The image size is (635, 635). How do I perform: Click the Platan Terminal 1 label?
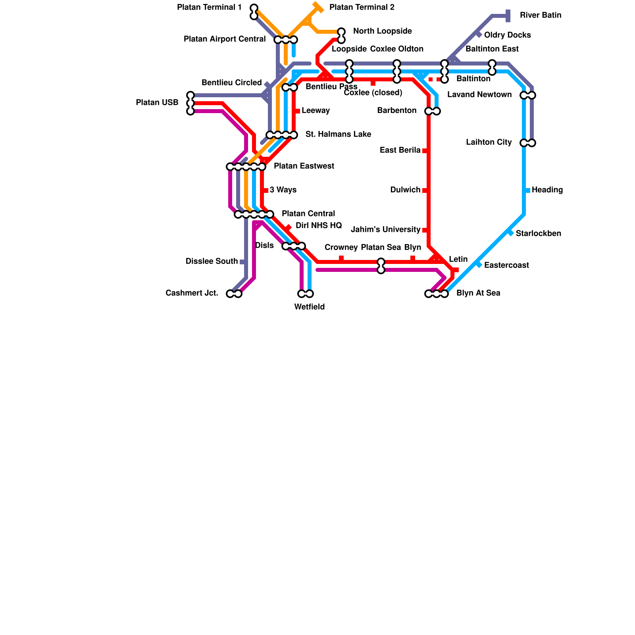[x=209, y=8]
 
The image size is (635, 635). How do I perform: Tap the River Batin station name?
[x=540, y=15]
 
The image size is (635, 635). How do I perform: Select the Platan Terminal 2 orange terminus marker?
[x=318, y=7]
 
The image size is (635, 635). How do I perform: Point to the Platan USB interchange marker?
[x=190, y=103]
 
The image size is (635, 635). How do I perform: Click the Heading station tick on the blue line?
[x=527, y=190]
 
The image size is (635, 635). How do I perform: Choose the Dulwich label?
[x=405, y=190]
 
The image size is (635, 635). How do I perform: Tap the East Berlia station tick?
[x=425, y=151]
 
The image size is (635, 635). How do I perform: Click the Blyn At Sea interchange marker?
[x=437, y=294]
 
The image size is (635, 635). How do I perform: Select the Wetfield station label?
[x=309, y=307]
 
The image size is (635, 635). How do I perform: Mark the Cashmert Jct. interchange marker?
[x=234, y=294]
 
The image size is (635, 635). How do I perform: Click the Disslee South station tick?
[x=242, y=262]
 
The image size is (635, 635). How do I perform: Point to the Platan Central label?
[x=308, y=214]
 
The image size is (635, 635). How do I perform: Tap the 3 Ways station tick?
[x=266, y=190]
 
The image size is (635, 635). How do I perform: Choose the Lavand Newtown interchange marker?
[x=528, y=95]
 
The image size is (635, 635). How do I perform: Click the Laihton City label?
[x=489, y=142]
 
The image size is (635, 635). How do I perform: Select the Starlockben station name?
[x=538, y=233]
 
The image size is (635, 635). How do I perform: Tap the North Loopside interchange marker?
[x=341, y=36]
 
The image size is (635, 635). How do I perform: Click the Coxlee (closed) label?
[x=373, y=93]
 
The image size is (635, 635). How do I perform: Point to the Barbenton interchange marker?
[x=433, y=111]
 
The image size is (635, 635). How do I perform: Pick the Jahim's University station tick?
[x=425, y=230]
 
